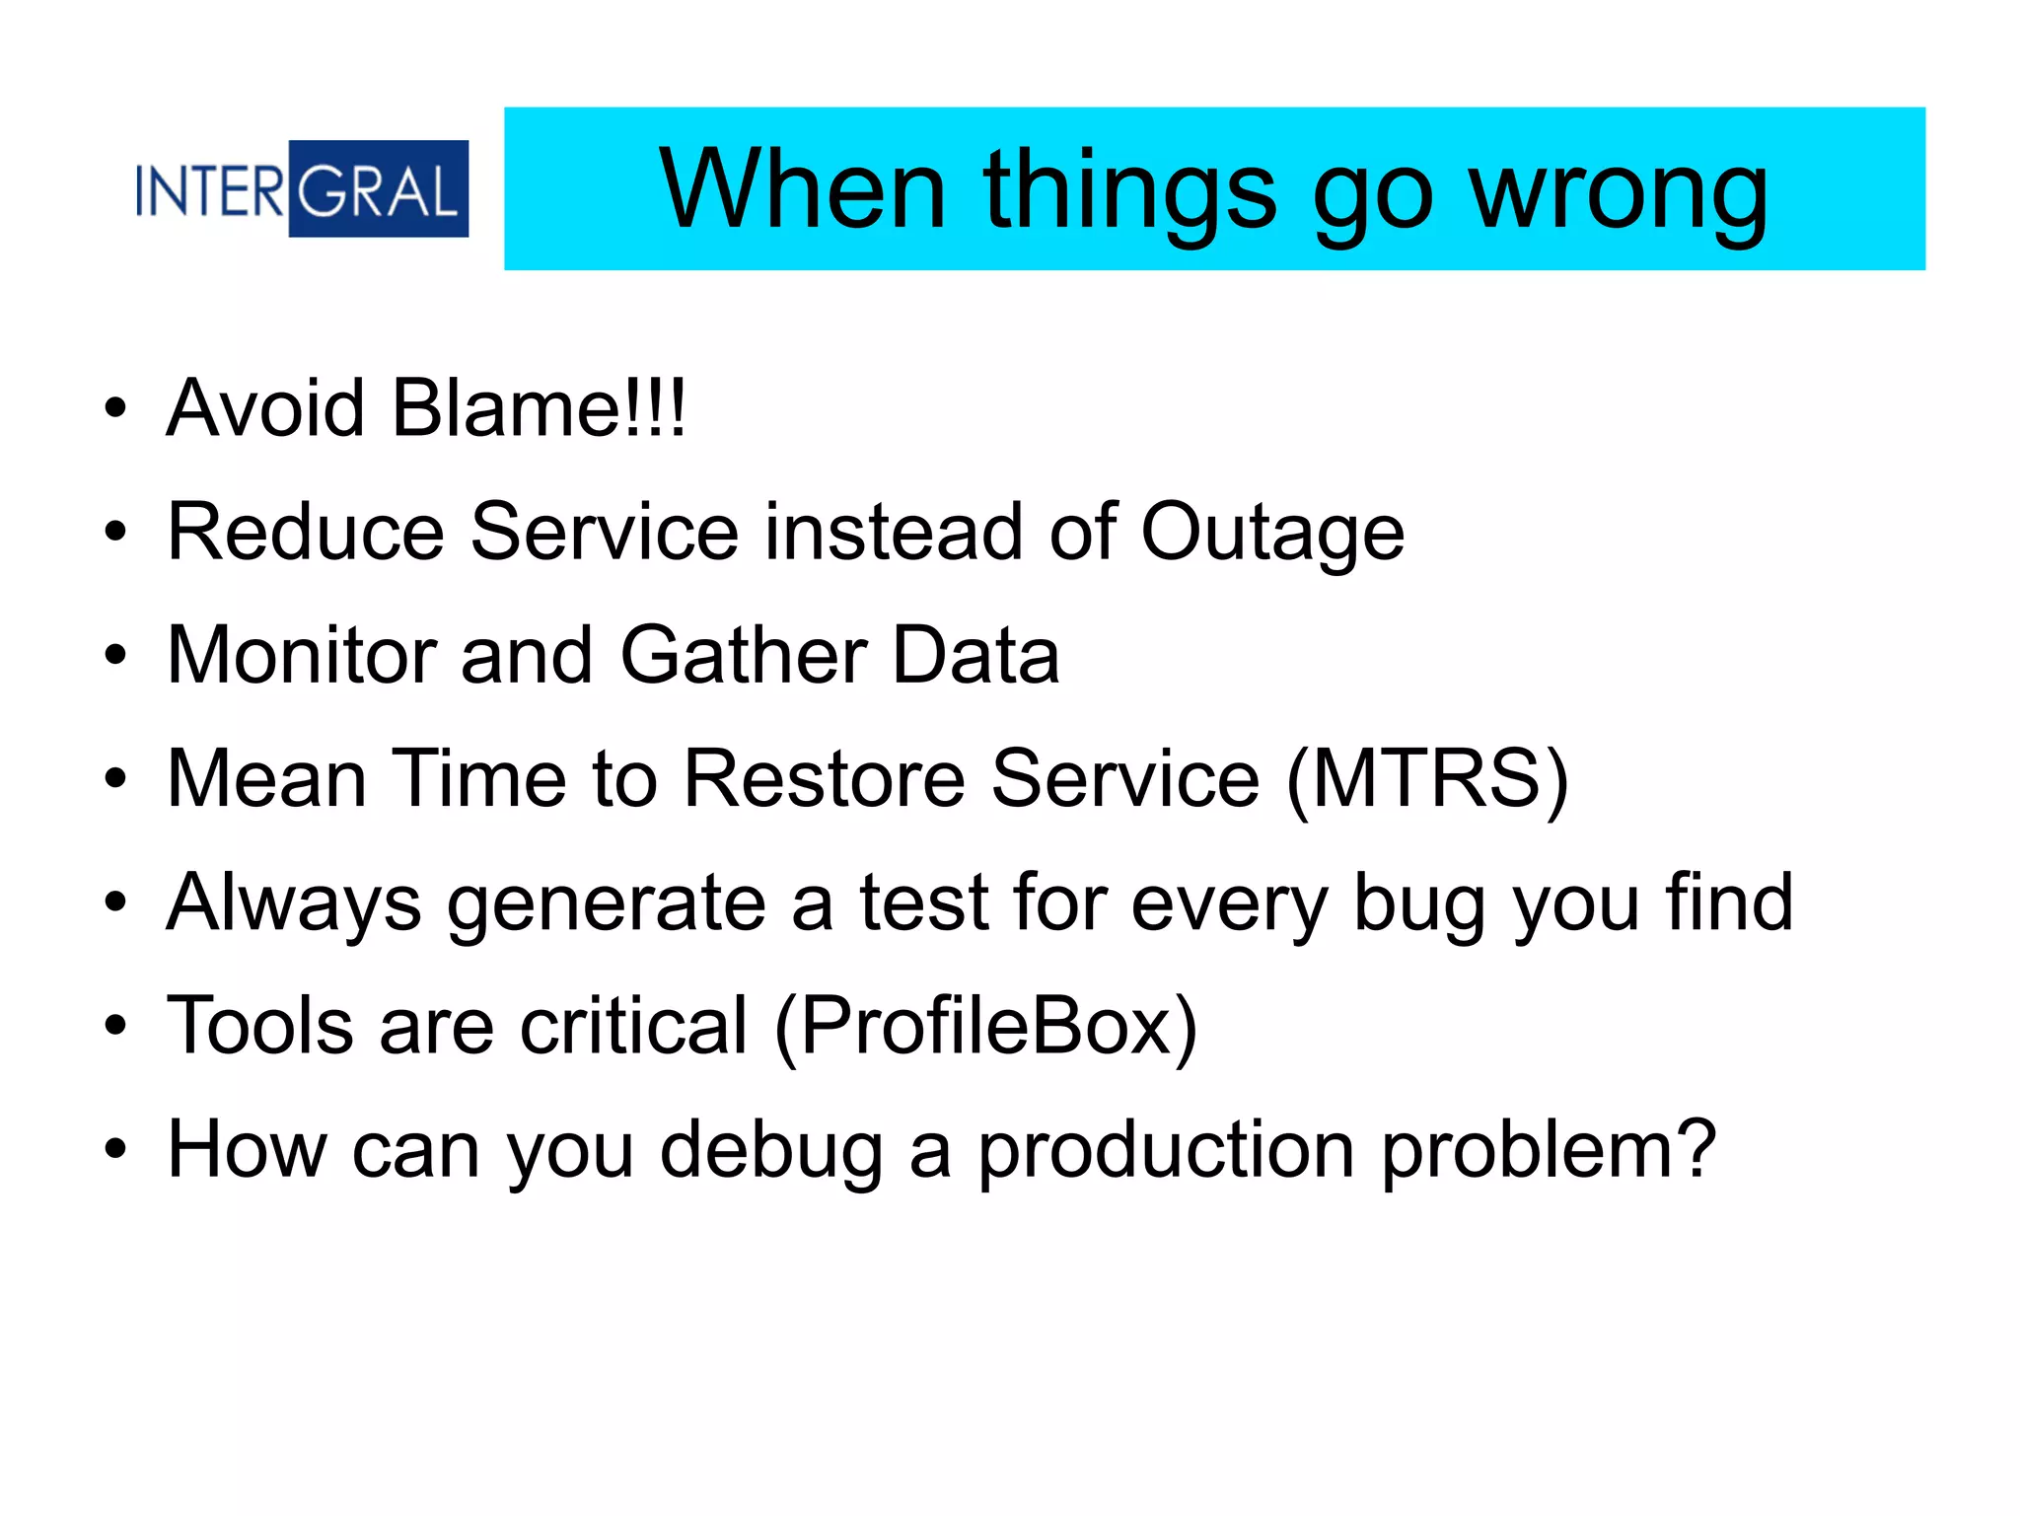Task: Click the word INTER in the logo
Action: click(x=210, y=190)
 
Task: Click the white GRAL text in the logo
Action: click(x=379, y=190)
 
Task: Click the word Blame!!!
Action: click(x=539, y=407)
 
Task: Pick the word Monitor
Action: click(x=302, y=655)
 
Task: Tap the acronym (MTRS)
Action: click(x=1427, y=779)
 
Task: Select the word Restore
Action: click(x=825, y=778)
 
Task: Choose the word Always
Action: click(x=294, y=904)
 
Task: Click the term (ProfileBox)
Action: click(x=986, y=1027)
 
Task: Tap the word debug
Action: click(x=771, y=1152)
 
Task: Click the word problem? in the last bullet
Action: click(x=1549, y=1152)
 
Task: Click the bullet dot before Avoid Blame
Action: click(x=115, y=407)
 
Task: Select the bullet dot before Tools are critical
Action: click(x=115, y=1026)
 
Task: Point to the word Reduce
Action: click(x=306, y=532)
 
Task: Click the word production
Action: click(x=1167, y=1152)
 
